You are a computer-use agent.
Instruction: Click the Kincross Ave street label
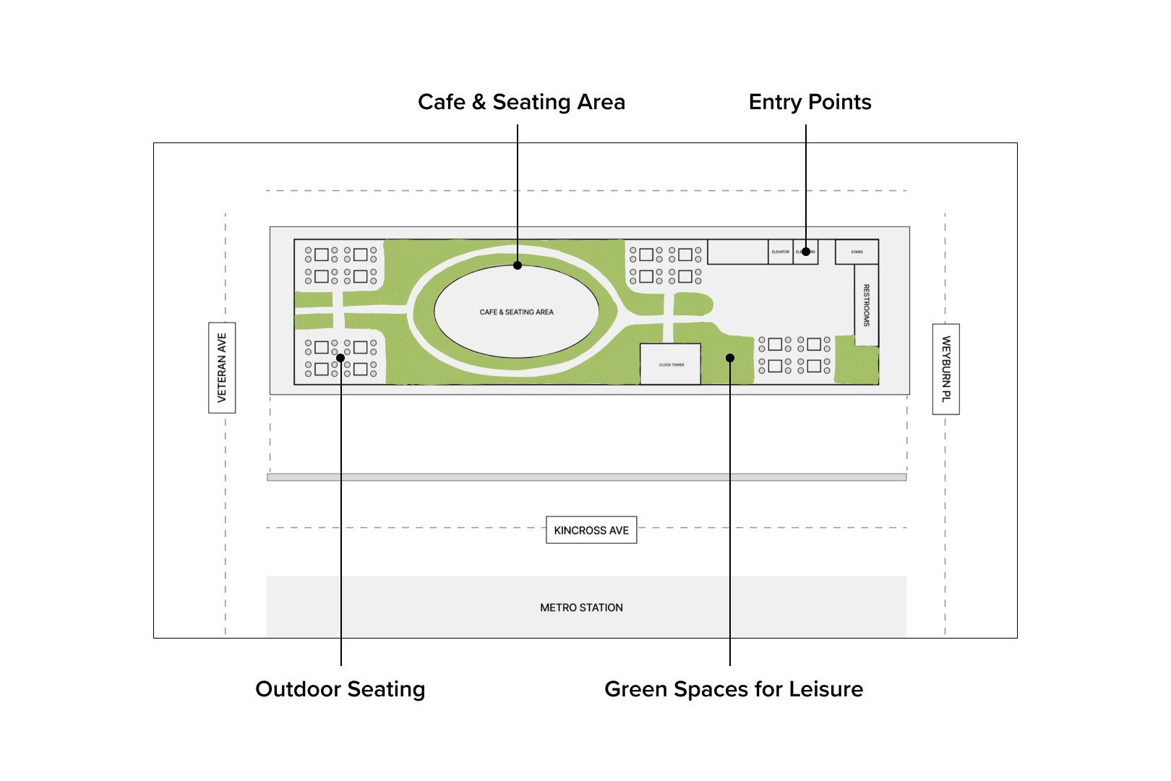(591, 530)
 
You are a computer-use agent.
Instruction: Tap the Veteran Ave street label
(222, 367)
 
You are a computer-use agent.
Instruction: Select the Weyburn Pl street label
(945, 369)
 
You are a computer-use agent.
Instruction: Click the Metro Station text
(581, 607)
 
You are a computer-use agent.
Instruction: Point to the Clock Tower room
(670, 364)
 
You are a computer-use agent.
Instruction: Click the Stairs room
(857, 252)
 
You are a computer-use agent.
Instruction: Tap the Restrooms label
(866, 305)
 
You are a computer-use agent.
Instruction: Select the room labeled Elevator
(780, 252)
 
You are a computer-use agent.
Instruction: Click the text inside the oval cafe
(516, 312)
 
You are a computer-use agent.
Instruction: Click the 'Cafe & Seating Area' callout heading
(521, 102)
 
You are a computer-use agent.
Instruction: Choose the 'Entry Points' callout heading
(810, 102)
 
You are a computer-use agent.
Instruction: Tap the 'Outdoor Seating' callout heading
(340, 689)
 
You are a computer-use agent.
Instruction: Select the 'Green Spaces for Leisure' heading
(734, 689)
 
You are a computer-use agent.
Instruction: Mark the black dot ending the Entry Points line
(805, 252)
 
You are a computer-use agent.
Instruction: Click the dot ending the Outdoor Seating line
(340, 358)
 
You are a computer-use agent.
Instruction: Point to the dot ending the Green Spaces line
(730, 358)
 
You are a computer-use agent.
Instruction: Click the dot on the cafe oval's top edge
(518, 265)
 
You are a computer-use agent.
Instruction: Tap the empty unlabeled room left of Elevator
(737, 252)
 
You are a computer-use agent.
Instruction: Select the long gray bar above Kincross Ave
(586, 477)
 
